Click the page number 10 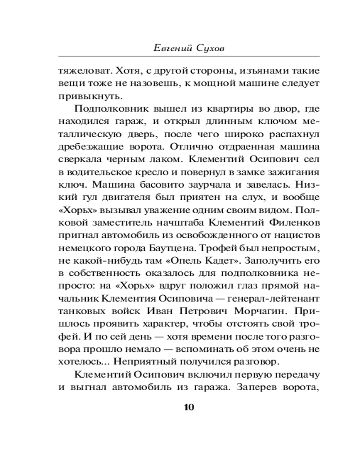(x=189, y=408)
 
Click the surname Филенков (x=293, y=222)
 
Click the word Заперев (x=255, y=387)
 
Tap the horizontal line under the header (x=189, y=55)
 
